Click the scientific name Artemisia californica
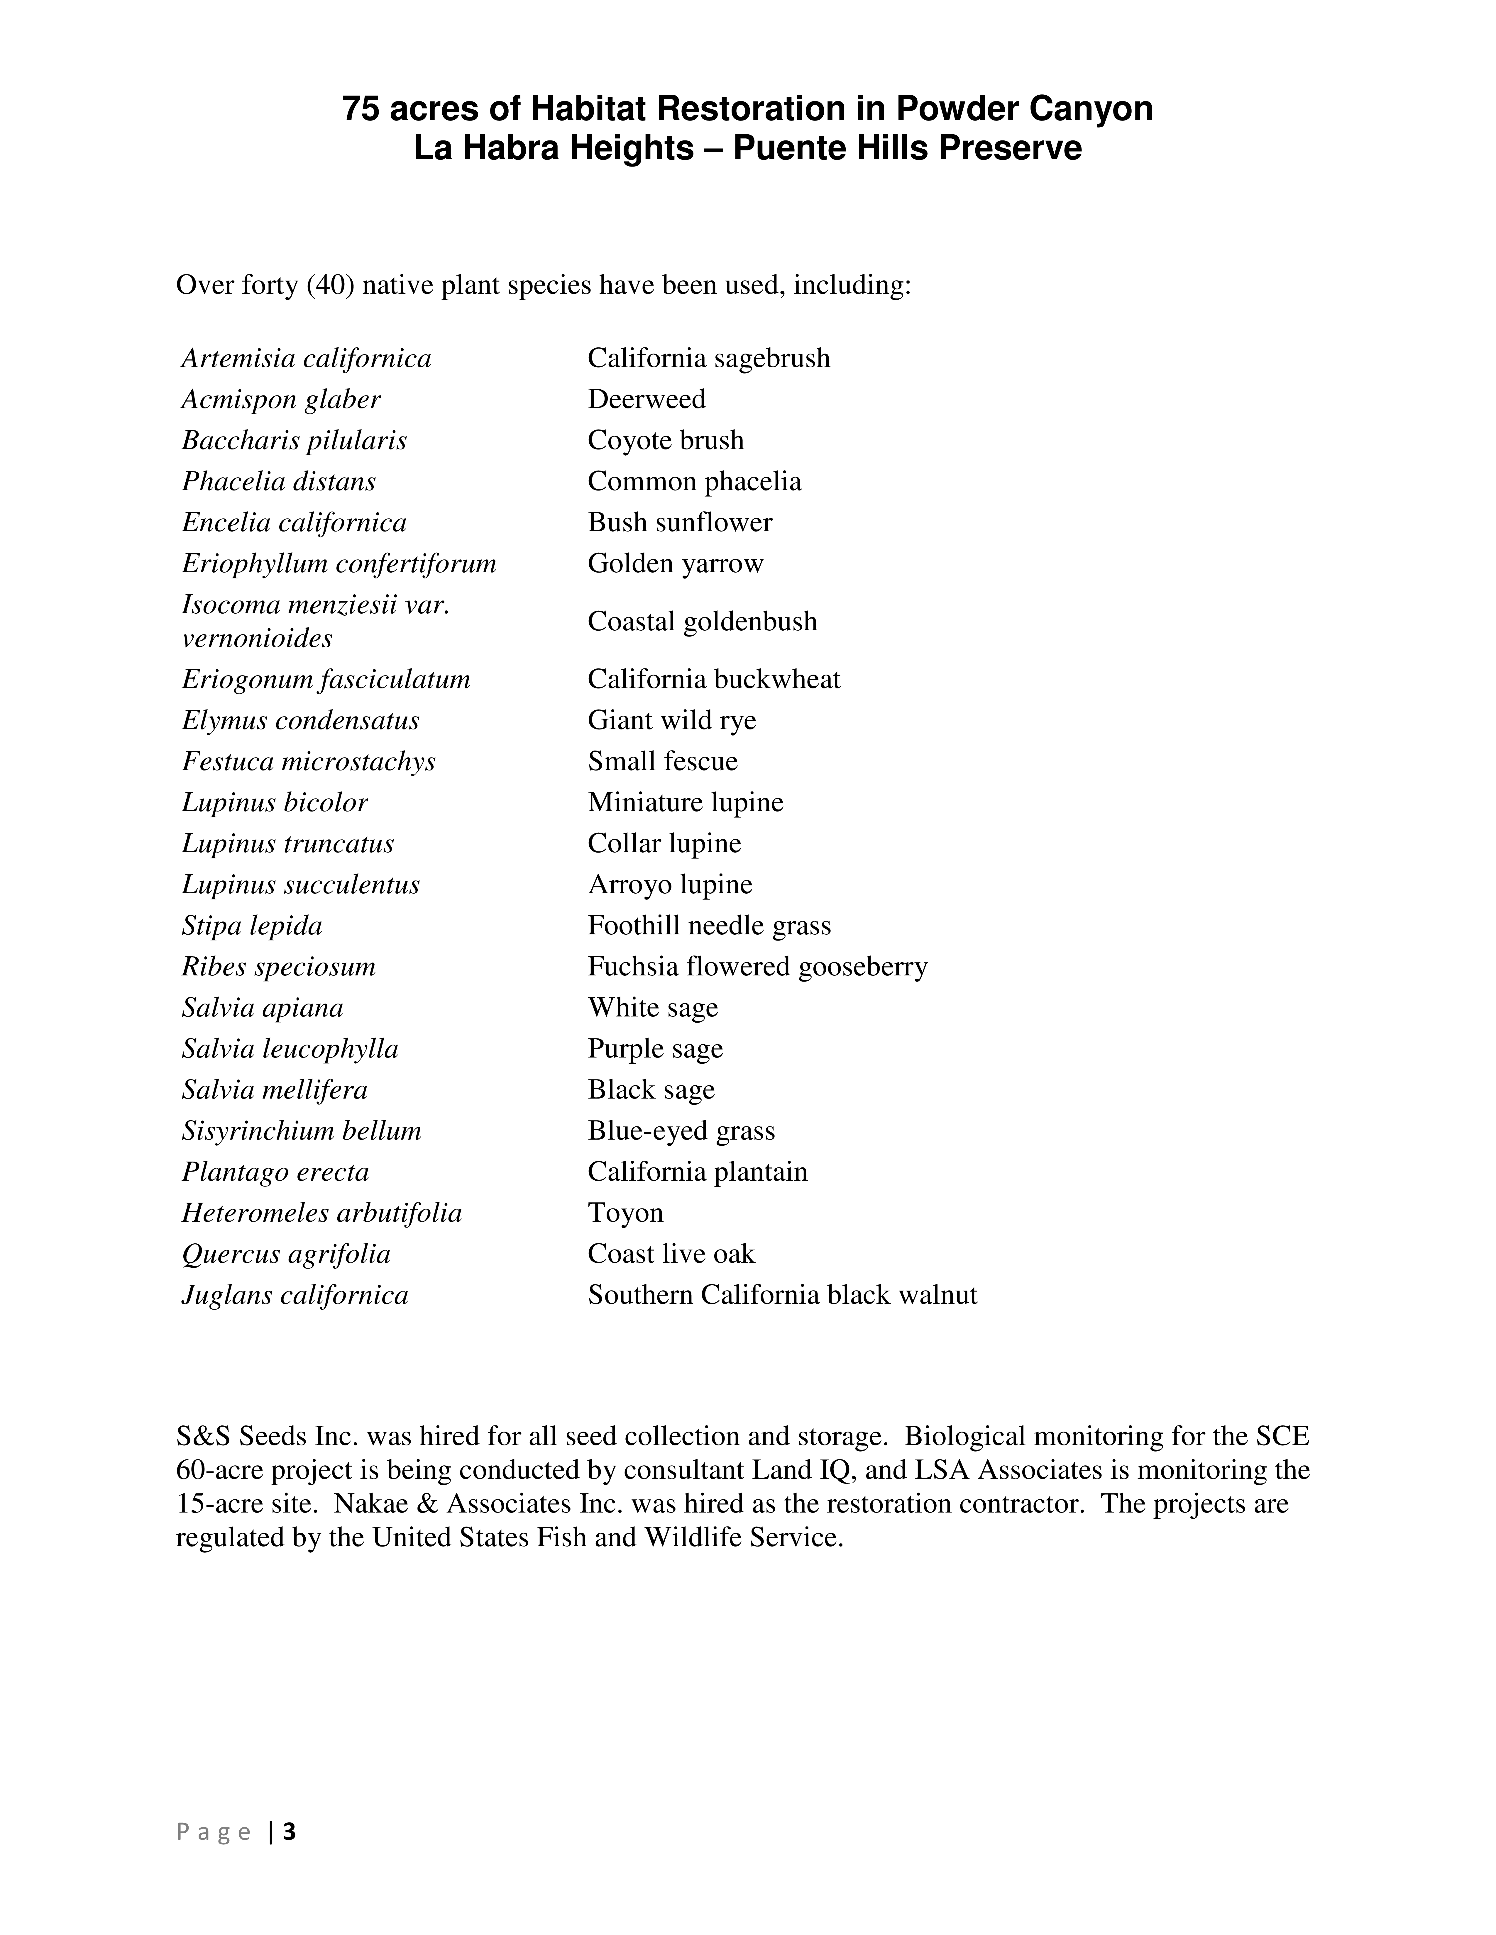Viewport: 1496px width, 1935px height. [307, 359]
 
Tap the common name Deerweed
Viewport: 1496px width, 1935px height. [646, 400]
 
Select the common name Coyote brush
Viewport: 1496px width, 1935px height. [666, 440]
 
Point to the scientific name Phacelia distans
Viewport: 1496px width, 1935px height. [279, 482]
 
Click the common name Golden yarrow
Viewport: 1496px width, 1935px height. [675, 563]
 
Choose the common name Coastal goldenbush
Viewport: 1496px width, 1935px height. [702, 622]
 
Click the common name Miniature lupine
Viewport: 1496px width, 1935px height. [685, 803]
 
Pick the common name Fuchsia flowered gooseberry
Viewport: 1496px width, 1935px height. [757, 967]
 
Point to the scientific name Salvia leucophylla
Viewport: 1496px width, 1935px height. [290, 1049]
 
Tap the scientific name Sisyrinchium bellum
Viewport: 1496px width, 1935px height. [301, 1131]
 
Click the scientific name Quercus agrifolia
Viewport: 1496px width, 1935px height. [286, 1255]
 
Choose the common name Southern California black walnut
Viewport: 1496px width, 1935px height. [782, 1295]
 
